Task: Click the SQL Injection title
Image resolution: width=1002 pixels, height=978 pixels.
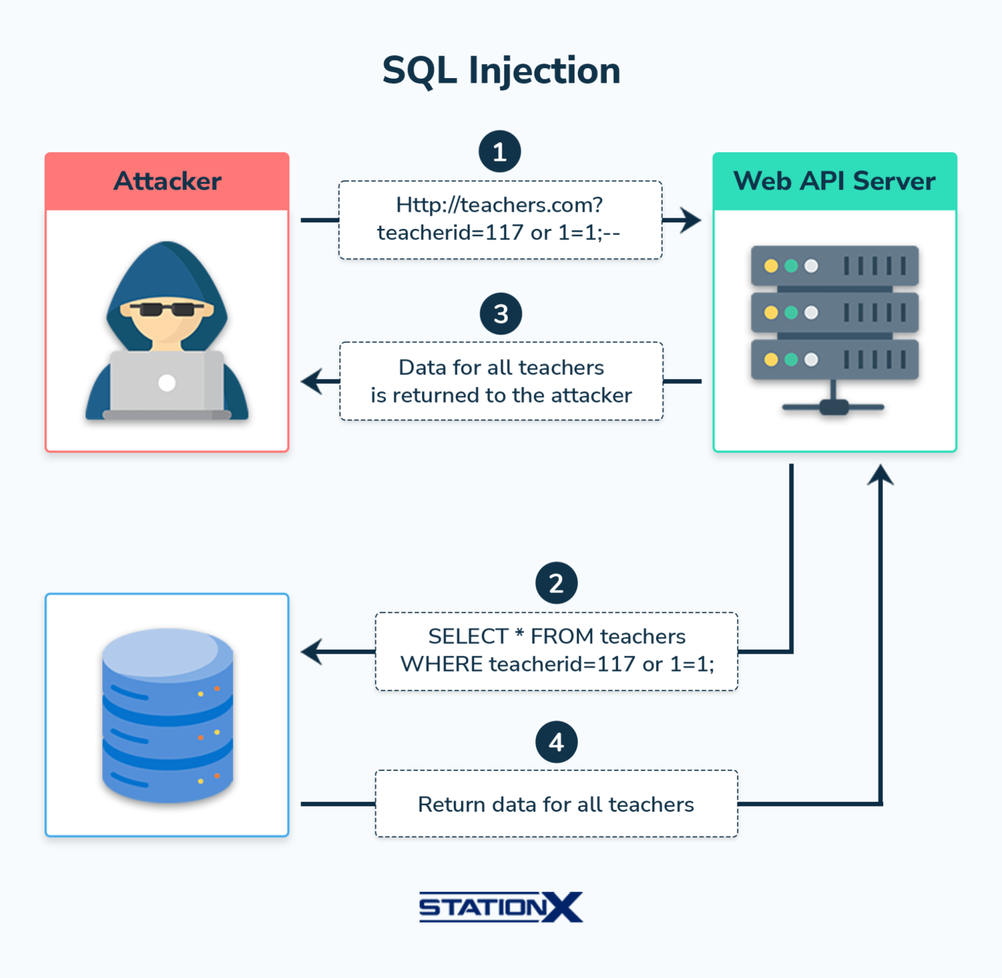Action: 501,70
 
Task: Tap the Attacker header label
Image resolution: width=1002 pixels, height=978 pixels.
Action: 167,181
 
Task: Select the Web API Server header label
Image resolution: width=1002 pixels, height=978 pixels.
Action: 834,181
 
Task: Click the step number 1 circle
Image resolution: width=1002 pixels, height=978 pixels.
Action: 500,152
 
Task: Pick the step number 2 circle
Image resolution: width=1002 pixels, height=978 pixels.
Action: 556,583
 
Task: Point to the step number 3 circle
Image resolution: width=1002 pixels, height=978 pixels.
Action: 500,314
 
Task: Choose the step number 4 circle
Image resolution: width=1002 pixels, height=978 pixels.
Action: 556,742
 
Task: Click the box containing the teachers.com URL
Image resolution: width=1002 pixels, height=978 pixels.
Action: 500,220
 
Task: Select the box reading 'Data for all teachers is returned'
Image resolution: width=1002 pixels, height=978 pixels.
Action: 501,381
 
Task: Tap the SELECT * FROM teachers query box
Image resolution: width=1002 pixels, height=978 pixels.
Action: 556,651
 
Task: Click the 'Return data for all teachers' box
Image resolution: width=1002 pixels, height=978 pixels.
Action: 556,804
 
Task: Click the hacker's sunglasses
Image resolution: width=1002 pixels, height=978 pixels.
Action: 166,309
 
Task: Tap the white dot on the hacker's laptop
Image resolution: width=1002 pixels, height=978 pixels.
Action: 167,383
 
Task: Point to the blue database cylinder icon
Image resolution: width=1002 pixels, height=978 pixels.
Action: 167,714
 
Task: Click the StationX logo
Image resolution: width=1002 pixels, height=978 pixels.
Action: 501,907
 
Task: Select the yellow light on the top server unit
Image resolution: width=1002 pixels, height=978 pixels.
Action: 771,266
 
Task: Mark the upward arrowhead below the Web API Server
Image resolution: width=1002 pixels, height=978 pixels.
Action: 880,475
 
